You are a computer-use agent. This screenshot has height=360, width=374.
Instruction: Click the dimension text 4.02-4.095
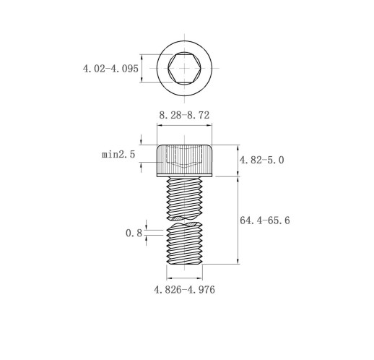(110, 69)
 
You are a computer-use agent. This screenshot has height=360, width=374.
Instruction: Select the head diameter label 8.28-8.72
(184, 115)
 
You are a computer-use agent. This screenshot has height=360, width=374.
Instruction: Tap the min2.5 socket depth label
(118, 154)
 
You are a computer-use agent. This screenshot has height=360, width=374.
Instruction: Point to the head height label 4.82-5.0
(261, 160)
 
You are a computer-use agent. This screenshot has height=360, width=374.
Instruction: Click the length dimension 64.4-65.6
(265, 220)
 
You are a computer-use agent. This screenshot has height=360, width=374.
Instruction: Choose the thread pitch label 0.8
(134, 233)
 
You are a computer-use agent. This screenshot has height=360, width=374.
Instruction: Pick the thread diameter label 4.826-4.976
(184, 290)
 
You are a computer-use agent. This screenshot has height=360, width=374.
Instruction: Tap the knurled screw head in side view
(184, 160)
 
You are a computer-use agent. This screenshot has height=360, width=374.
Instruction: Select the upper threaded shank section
(184, 198)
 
